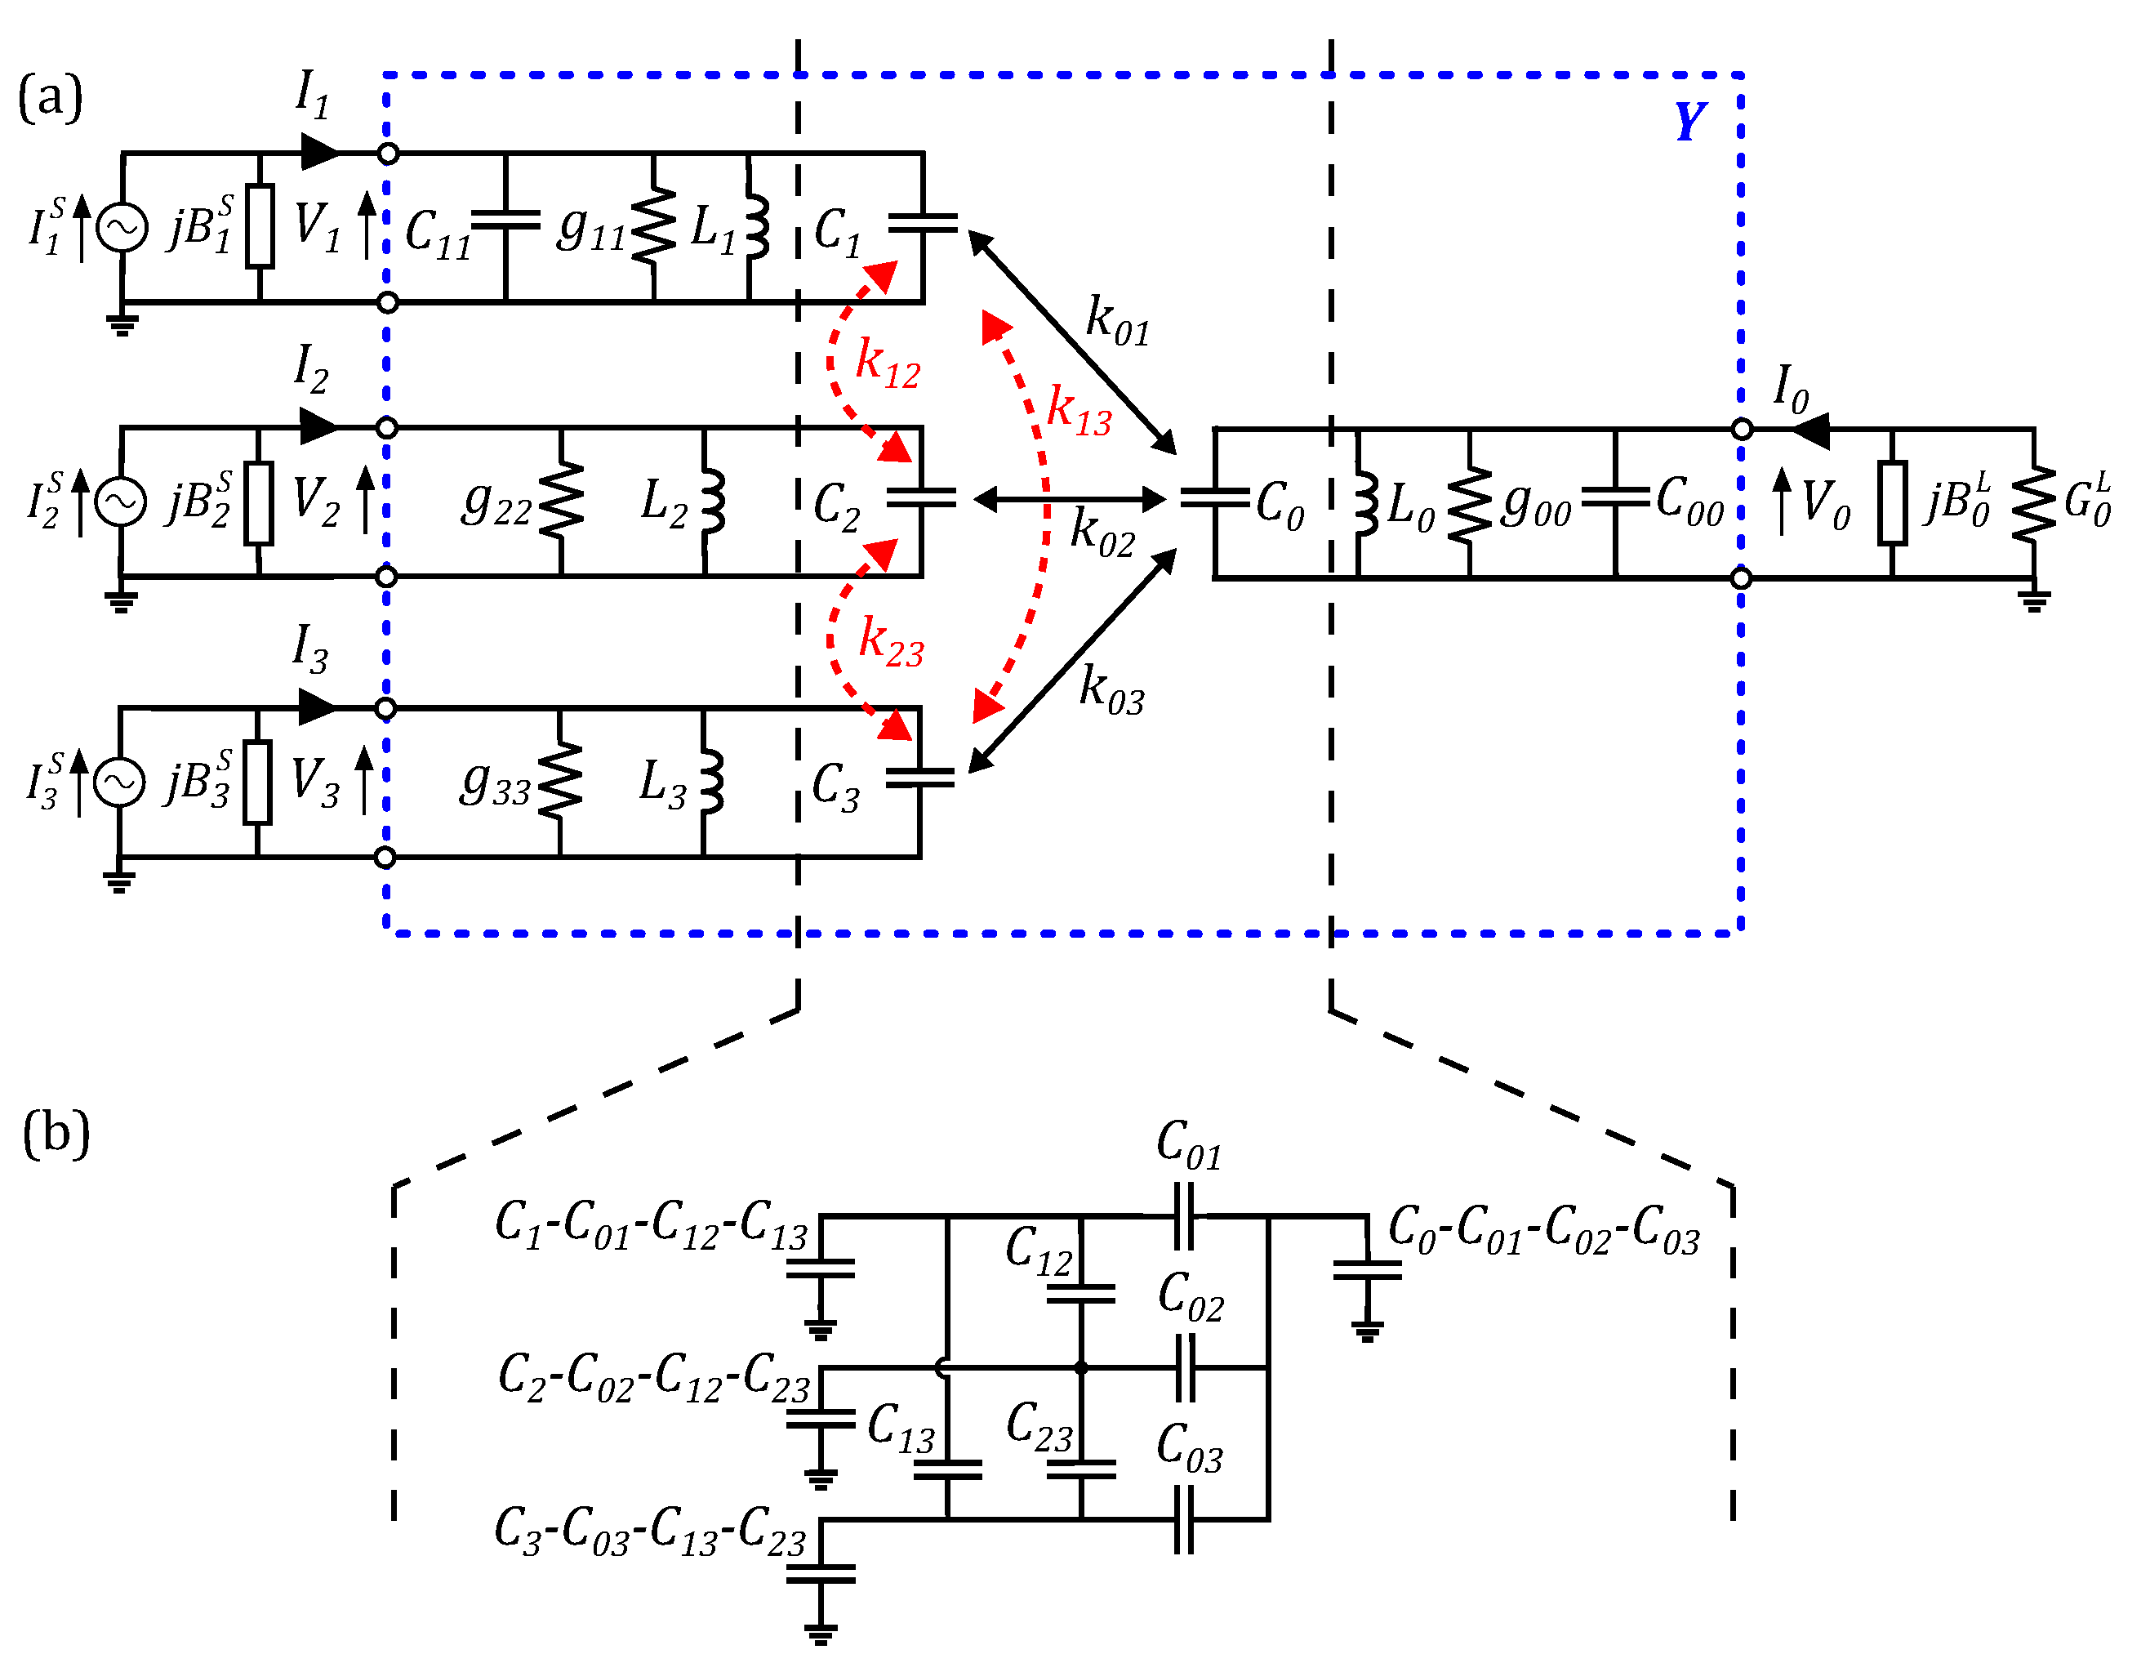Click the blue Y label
(1689, 122)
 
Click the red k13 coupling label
(1079, 410)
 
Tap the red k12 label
(887, 363)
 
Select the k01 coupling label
(1117, 321)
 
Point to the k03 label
(1111, 689)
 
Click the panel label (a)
(49, 99)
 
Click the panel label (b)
(56, 1132)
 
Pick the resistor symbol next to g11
(654, 226)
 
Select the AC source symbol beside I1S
(122, 227)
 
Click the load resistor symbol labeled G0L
(2034, 503)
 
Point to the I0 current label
(1790, 389)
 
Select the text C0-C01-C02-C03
(1543, 1231)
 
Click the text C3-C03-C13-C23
(650, 1532)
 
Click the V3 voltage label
(315, 782)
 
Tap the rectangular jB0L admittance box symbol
(1892, 502)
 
